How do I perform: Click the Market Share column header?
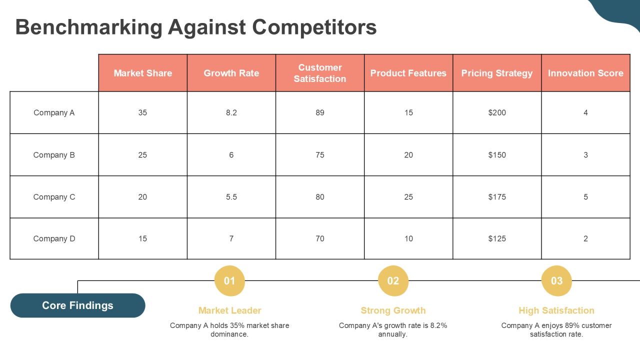click(143, 73)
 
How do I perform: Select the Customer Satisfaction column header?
click(320, 73)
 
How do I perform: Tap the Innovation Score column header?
click(585, 73)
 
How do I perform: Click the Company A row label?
click(54, 112)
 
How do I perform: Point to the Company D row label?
click(54, 238)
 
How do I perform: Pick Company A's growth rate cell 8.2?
click(231, 112)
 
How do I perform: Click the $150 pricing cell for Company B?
click(497, 155)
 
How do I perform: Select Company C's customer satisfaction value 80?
click(320, 197)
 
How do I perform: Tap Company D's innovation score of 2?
click(585, 238)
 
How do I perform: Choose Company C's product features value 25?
click(408, 197)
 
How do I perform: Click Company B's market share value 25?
click(143, 155)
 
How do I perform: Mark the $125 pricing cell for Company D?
click(497, 238)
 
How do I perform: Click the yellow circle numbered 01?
click(229, 281)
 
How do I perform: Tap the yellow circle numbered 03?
click(556, 281)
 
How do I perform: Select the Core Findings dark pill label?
click(77, 305)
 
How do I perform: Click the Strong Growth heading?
click(393, 310)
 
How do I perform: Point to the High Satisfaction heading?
click(556, 310)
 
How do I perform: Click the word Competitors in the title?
click(314, 27)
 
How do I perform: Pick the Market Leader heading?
click(229, 310)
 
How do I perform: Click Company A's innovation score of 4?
click(585, 112)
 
